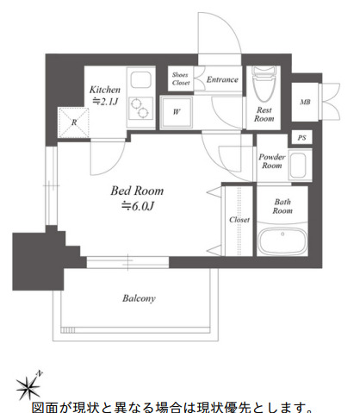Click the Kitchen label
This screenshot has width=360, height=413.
105,90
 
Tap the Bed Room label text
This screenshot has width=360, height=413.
137,191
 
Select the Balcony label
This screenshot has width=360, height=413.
139,298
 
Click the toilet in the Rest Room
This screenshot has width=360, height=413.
264,84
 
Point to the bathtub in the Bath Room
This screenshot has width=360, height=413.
282,241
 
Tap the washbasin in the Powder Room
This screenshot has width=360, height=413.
298,166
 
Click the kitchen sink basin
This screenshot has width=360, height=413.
141,80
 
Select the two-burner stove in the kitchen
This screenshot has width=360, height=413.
140,108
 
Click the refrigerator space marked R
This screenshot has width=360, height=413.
74,122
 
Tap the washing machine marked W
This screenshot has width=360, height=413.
177,112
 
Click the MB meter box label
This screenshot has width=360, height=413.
305,102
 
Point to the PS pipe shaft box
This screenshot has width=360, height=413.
301,138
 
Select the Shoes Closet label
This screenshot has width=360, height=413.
181,78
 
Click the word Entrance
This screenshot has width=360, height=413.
222,79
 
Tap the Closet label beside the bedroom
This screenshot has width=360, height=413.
239,220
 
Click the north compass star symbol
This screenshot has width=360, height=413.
28,388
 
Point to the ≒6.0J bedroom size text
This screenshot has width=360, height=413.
138,206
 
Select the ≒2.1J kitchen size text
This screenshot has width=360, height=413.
105,101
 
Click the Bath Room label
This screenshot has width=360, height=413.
282,206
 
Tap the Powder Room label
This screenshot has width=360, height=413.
272,161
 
